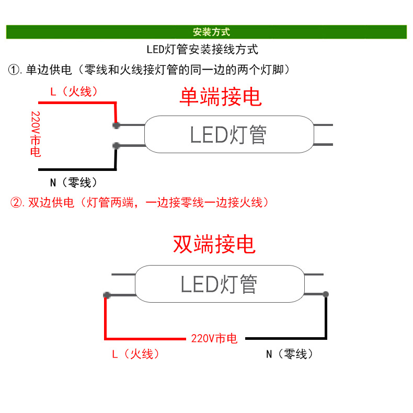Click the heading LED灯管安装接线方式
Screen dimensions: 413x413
pos(202,50)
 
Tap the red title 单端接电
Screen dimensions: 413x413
pos(220,97)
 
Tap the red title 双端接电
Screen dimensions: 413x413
pos(214,244)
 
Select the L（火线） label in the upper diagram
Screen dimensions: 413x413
pos(74,92)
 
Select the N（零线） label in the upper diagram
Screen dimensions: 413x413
pos(73,182)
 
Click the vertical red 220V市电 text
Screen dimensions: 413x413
pos(36,134)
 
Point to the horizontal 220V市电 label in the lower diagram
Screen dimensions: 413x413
pos(214,338)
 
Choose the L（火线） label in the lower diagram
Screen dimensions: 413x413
pos(135,354)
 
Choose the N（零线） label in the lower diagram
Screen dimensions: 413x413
pos(290,354)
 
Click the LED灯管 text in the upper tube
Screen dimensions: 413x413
pos(228,135)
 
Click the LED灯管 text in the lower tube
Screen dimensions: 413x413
pos(219,284)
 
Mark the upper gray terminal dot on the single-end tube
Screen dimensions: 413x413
pos(116,125)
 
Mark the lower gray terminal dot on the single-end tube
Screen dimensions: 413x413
pos(116,145)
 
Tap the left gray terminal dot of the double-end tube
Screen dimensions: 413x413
pos(107,295)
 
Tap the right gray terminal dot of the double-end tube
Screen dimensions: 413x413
pos(326,294)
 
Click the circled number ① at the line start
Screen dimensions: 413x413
pos(14,70)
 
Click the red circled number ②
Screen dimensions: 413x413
pos(17,202)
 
